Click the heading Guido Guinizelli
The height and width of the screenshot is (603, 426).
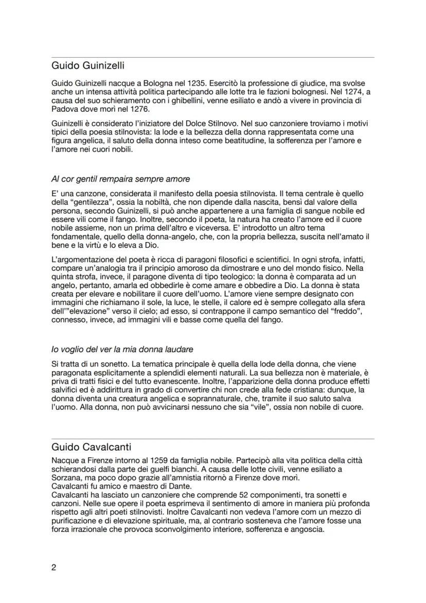(88, 66)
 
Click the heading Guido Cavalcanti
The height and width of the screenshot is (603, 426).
(91, 446)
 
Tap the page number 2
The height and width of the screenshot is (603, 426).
(54, 568)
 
